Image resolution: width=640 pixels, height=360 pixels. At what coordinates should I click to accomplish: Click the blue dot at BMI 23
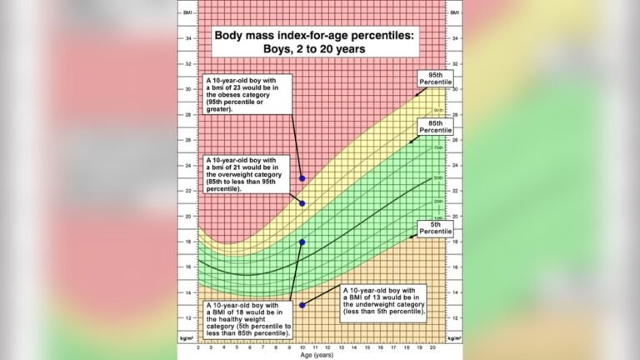tap(302, 178)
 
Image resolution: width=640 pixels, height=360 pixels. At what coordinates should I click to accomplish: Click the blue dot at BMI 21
tap(302, 203)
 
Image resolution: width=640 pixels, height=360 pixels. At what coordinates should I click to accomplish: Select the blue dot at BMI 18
tap(302, 242)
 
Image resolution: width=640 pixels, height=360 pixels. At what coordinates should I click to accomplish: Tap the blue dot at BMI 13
tap(302, 305)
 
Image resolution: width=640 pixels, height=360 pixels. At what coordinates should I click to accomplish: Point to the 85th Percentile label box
tap(434, 127)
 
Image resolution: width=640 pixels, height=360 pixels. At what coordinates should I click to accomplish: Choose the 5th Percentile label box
tap(434, 227)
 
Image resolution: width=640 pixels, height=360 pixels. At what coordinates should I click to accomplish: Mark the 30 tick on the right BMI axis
tap(453, 89)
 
